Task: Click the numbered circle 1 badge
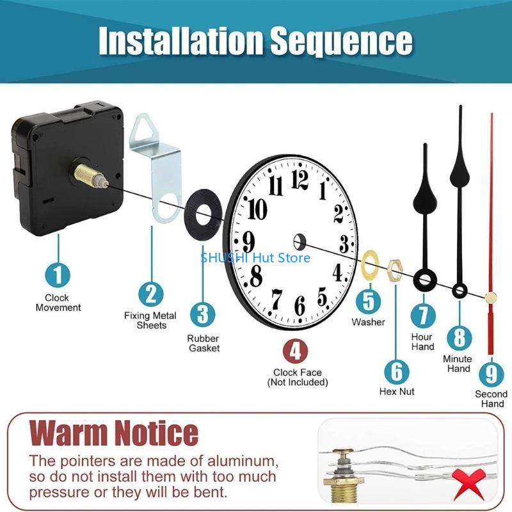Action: [x=58, y=275]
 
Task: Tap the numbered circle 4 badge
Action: [x=296, y=351]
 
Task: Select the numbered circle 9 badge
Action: [x=490, y=372]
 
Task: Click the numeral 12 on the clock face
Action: [x=300, y=179]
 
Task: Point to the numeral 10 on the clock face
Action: [x=257, y=209]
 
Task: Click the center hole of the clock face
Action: [x=299, y=242]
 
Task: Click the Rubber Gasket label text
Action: [x=204, y=343]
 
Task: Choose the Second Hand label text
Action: [x=491, y=399]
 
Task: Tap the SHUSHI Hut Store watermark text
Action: [x=255, y=258]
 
